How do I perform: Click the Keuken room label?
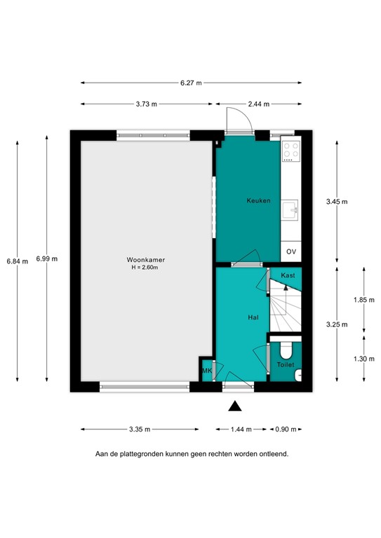tap(258, 200)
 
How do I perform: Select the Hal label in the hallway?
tap(254, 317)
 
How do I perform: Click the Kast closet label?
tap(288, 275)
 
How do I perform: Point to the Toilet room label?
tap(285, 365)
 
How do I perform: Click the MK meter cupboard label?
tap(207, 371)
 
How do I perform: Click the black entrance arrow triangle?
tap(235, 405)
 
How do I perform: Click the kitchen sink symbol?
tap(291, 207)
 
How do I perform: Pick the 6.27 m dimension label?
tap(191, 82)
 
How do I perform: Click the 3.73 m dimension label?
tap(147, 104)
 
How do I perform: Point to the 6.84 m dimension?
tap(17, 261)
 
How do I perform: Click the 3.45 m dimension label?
tap(337, 201)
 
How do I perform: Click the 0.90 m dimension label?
tap(286, 429)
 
